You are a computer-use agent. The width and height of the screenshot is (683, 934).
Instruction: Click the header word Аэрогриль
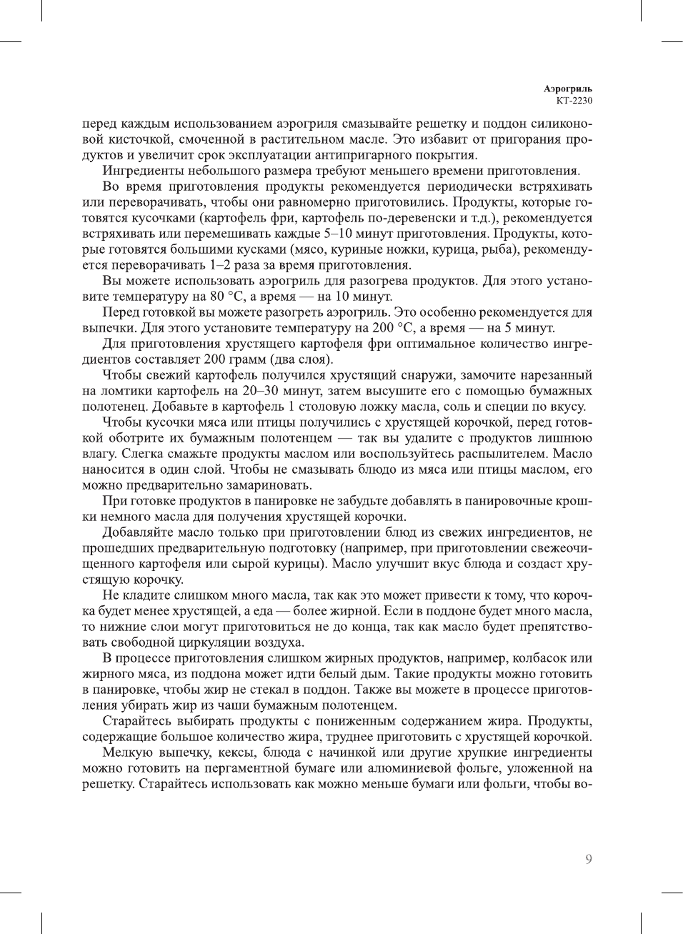tap(567, 89)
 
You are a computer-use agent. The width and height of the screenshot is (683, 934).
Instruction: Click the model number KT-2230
tap(574, 100)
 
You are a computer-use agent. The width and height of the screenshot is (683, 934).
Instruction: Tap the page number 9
tap(588, 859)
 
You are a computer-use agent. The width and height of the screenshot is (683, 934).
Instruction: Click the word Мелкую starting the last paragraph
tap(126, 752)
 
